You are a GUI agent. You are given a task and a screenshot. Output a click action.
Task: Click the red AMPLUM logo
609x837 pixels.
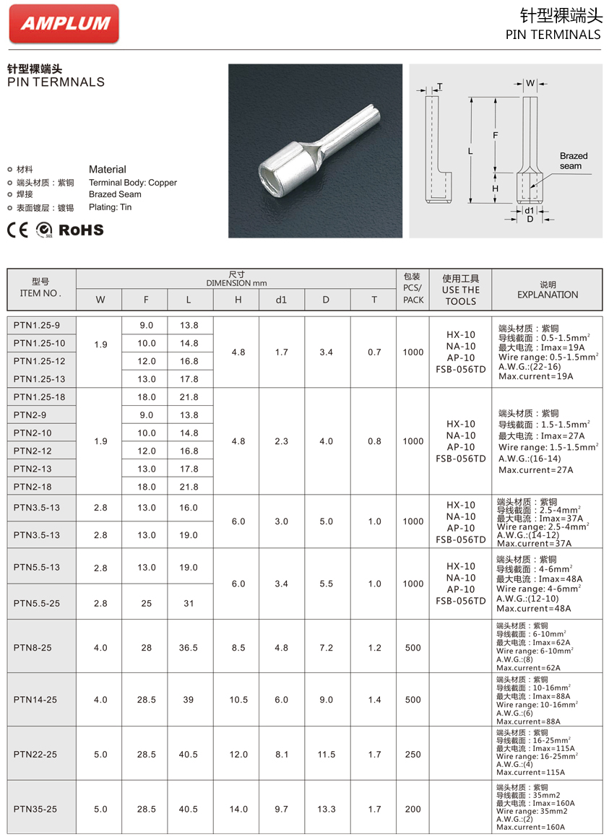[64, 24]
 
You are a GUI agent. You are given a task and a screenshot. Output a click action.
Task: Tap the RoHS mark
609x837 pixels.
[81, 230]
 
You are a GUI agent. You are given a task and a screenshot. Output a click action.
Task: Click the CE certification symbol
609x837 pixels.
[17, 230]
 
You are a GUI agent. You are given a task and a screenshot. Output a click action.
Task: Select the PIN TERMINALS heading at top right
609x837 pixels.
[553, 34]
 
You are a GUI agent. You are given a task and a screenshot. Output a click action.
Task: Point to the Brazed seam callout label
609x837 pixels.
[573, 160]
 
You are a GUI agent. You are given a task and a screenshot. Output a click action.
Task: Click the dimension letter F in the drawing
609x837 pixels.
[495, 135]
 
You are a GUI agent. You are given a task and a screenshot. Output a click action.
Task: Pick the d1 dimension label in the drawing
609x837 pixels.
[530, 210]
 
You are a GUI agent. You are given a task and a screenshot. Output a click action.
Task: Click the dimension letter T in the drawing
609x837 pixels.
[440, 87]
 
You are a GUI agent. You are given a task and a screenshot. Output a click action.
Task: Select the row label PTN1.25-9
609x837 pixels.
[37, 326]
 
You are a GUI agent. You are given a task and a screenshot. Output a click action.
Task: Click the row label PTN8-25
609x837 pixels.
[33, 648]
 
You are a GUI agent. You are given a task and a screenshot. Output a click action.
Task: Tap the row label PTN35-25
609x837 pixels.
[35, 809]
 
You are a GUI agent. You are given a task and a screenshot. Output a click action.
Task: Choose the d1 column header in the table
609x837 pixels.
[281, 300]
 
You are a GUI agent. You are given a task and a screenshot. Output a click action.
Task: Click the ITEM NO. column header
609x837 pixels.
[40, 288]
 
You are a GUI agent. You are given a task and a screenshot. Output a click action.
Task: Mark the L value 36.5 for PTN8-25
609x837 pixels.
[189, 648]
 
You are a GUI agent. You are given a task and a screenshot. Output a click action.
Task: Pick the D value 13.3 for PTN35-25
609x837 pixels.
[327, 809]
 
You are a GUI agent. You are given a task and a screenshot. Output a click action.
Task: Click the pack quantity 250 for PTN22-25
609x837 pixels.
[413, 755]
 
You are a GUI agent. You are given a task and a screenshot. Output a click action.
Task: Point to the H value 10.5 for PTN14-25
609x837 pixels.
[238, 700]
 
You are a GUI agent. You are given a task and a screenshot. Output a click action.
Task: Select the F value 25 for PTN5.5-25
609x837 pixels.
[147, 604]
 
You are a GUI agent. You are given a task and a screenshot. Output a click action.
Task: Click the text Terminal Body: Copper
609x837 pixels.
[133, 183]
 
